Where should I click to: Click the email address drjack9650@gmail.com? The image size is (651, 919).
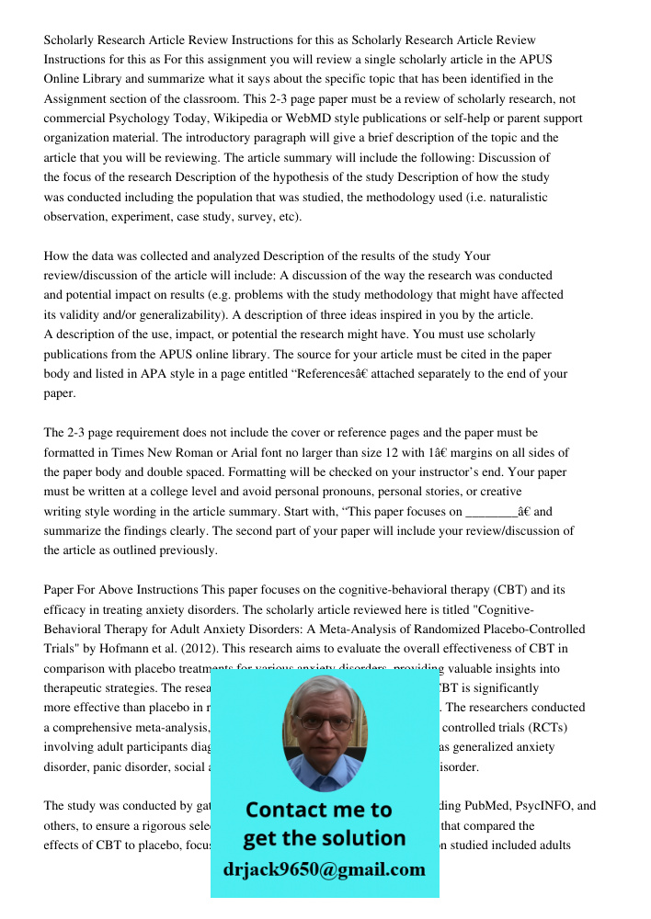coord(325,869)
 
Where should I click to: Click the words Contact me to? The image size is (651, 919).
coord(319,810)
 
